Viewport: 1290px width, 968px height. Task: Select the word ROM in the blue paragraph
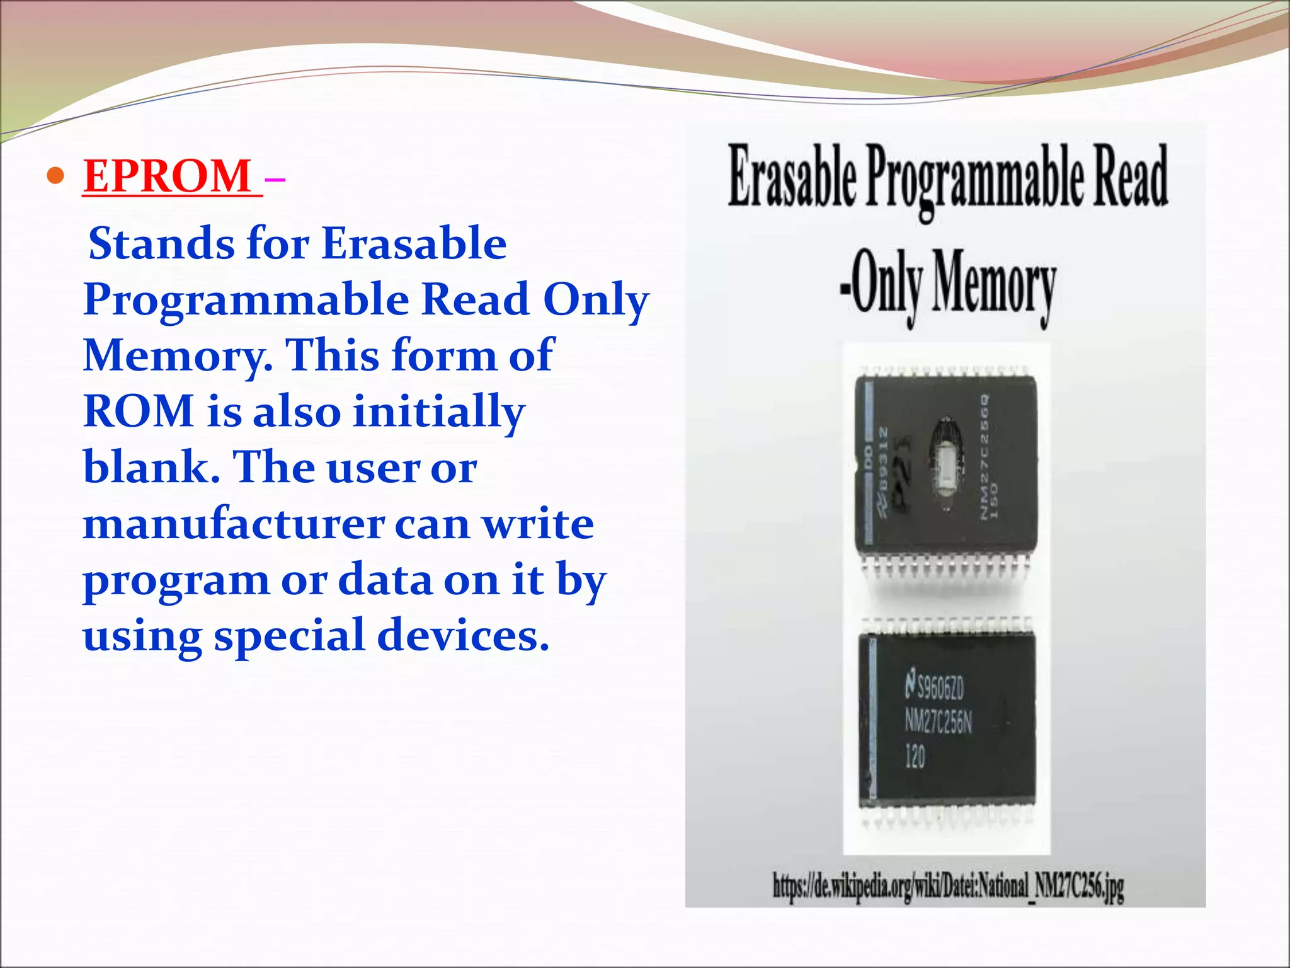138,411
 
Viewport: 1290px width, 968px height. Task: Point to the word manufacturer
233,524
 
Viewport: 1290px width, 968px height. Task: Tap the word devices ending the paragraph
462,635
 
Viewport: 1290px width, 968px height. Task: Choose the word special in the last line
289,635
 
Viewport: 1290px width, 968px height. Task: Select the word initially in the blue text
438,411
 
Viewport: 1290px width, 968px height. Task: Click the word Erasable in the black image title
792,176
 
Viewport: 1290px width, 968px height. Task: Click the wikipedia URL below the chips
948,885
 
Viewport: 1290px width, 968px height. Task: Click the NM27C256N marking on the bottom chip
939,723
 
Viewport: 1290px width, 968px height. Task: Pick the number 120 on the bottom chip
915,756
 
